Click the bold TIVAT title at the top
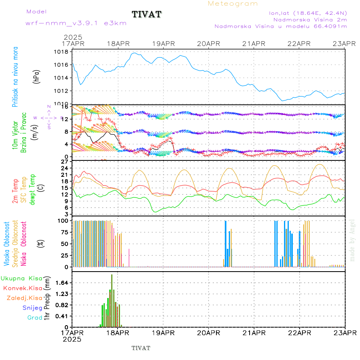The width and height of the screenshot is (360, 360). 147,14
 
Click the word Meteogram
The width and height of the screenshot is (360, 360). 233,4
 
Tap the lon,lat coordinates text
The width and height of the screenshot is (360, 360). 308,13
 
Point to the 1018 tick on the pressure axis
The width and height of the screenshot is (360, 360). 62,52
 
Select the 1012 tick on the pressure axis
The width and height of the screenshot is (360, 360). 62,91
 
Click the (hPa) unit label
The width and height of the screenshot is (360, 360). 37,77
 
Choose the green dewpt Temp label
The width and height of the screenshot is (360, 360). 32,189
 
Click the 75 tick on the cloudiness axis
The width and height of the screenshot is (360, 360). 63,232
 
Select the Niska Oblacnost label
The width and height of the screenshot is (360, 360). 24,244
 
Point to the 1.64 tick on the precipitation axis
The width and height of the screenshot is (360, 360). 62,283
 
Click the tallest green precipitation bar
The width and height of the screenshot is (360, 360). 112,300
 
